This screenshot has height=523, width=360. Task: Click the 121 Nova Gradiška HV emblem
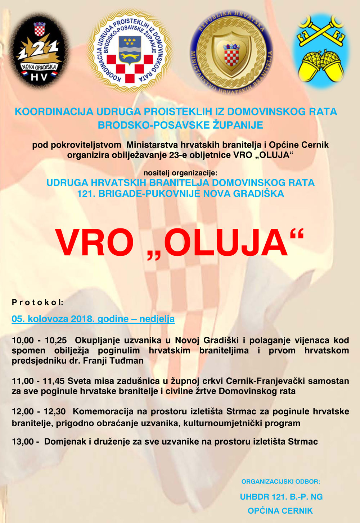39,51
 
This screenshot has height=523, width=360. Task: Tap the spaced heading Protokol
37,302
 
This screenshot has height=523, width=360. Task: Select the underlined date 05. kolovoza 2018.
93,319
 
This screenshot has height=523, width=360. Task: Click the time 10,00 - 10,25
39,340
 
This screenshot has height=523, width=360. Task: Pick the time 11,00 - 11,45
38,381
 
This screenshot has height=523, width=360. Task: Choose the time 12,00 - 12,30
39,411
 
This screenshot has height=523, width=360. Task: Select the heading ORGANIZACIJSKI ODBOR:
280,481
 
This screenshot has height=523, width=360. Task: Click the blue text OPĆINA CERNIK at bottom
280,510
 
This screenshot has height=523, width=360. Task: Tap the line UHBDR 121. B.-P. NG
281,497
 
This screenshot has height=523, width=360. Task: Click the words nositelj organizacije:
180,173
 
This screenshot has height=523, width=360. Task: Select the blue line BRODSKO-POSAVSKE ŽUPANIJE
180,125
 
